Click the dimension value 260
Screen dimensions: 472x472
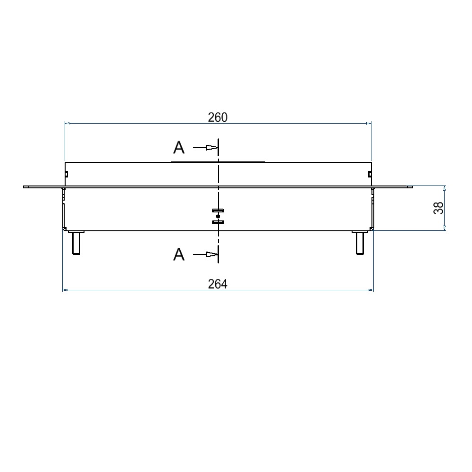pos(218,117)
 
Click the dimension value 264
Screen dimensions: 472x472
pos(218,284)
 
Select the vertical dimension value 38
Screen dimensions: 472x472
pos(438,208)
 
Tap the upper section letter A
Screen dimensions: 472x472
pos(179,148)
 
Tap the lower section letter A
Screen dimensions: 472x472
pos(179,255)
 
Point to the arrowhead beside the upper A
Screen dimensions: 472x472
pos(212,147)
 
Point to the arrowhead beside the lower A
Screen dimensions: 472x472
pos(212,254)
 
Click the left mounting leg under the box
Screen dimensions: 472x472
pos(76,243)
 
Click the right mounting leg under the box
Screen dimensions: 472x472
pos(360,243)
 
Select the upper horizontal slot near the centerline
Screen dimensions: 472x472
pos(218,210)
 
